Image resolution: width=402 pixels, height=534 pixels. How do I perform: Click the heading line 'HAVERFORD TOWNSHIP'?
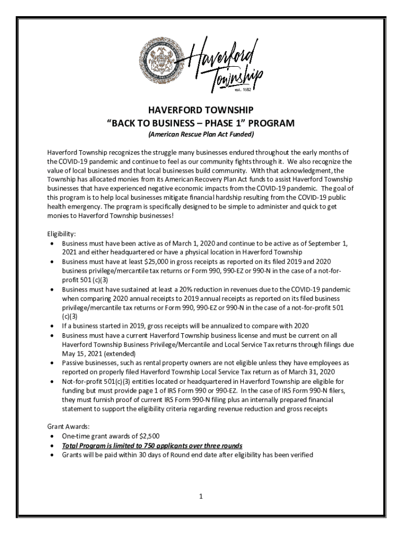201,111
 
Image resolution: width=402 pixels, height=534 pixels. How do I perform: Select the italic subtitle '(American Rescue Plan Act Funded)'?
201,135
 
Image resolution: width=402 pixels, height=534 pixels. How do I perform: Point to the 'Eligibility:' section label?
62,235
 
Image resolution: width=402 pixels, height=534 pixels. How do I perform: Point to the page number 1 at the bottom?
200,496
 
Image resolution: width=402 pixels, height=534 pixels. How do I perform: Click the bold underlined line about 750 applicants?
152,445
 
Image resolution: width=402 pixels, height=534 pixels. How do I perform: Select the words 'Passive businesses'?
88,362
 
